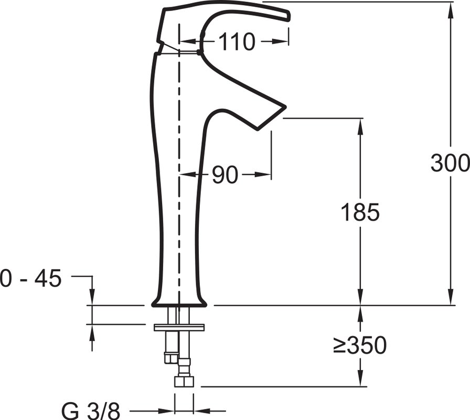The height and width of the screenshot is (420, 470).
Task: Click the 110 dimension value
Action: (x=237, y=41)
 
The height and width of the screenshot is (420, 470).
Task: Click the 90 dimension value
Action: (x=225, y=175)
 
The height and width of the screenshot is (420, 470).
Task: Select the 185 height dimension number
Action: (x=360, y=213)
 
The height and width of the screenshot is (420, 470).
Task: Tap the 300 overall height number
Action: (x=450, y=163)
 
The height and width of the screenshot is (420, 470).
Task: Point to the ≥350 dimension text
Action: (x=360, y=345)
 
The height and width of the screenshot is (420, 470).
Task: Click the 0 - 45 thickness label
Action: (x=30, y=278)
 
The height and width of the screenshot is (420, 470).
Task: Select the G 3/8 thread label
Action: (x=91, y=411)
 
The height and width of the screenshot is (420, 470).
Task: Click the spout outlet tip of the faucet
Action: (x=271, y=119)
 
